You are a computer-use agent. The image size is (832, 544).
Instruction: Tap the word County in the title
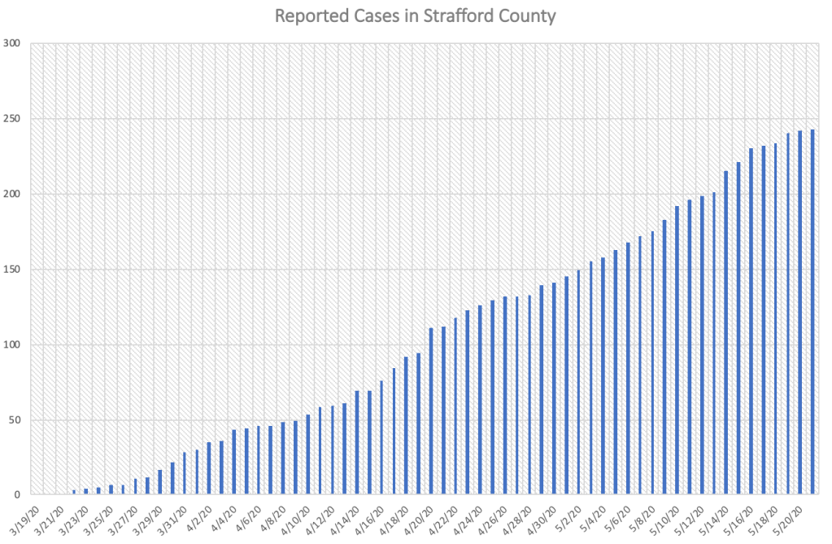pos(529,15)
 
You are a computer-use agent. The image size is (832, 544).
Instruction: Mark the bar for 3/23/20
pos(86,492)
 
